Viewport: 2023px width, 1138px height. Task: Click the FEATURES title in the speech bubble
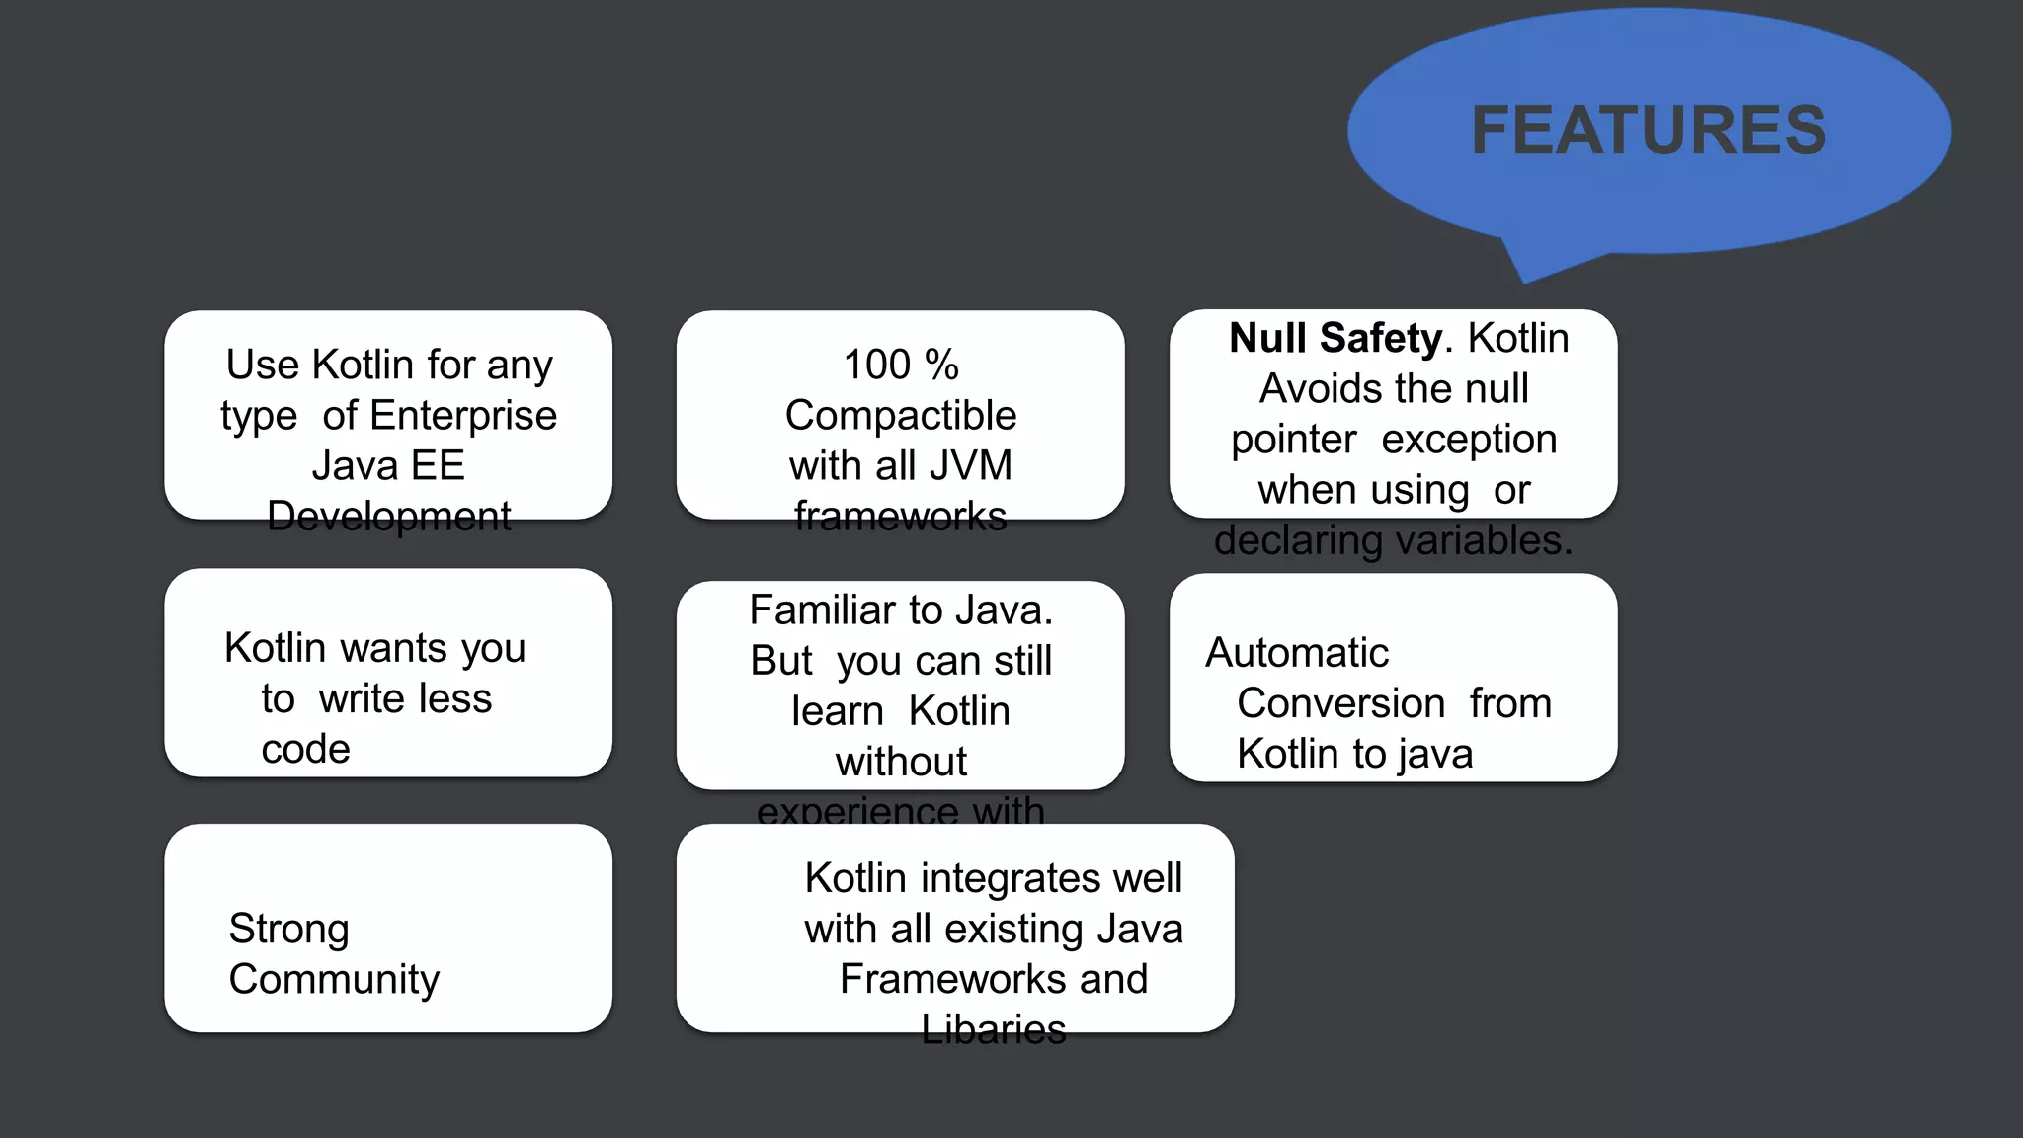click(x=1649, y=130)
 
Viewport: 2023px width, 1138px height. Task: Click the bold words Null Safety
click(x=1335, y=338)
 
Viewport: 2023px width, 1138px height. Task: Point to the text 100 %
click(x=900, y=365)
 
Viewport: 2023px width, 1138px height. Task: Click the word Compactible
click(x=900, y=415)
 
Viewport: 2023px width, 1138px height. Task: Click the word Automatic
click(x=1297, y=653)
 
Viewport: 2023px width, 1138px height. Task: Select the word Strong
click(x=288, y=929)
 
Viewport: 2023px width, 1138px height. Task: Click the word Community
click(x=334, y=979)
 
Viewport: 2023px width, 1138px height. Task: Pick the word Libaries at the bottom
click(x=993, y=1029)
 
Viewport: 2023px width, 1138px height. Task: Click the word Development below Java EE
click(x=388, y=516)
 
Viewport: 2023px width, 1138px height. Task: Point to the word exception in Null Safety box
click(x=1469, y=440)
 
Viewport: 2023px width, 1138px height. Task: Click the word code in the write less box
click(x=305, y=749)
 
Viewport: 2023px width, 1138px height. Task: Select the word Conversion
click(x=1340, y=703)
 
